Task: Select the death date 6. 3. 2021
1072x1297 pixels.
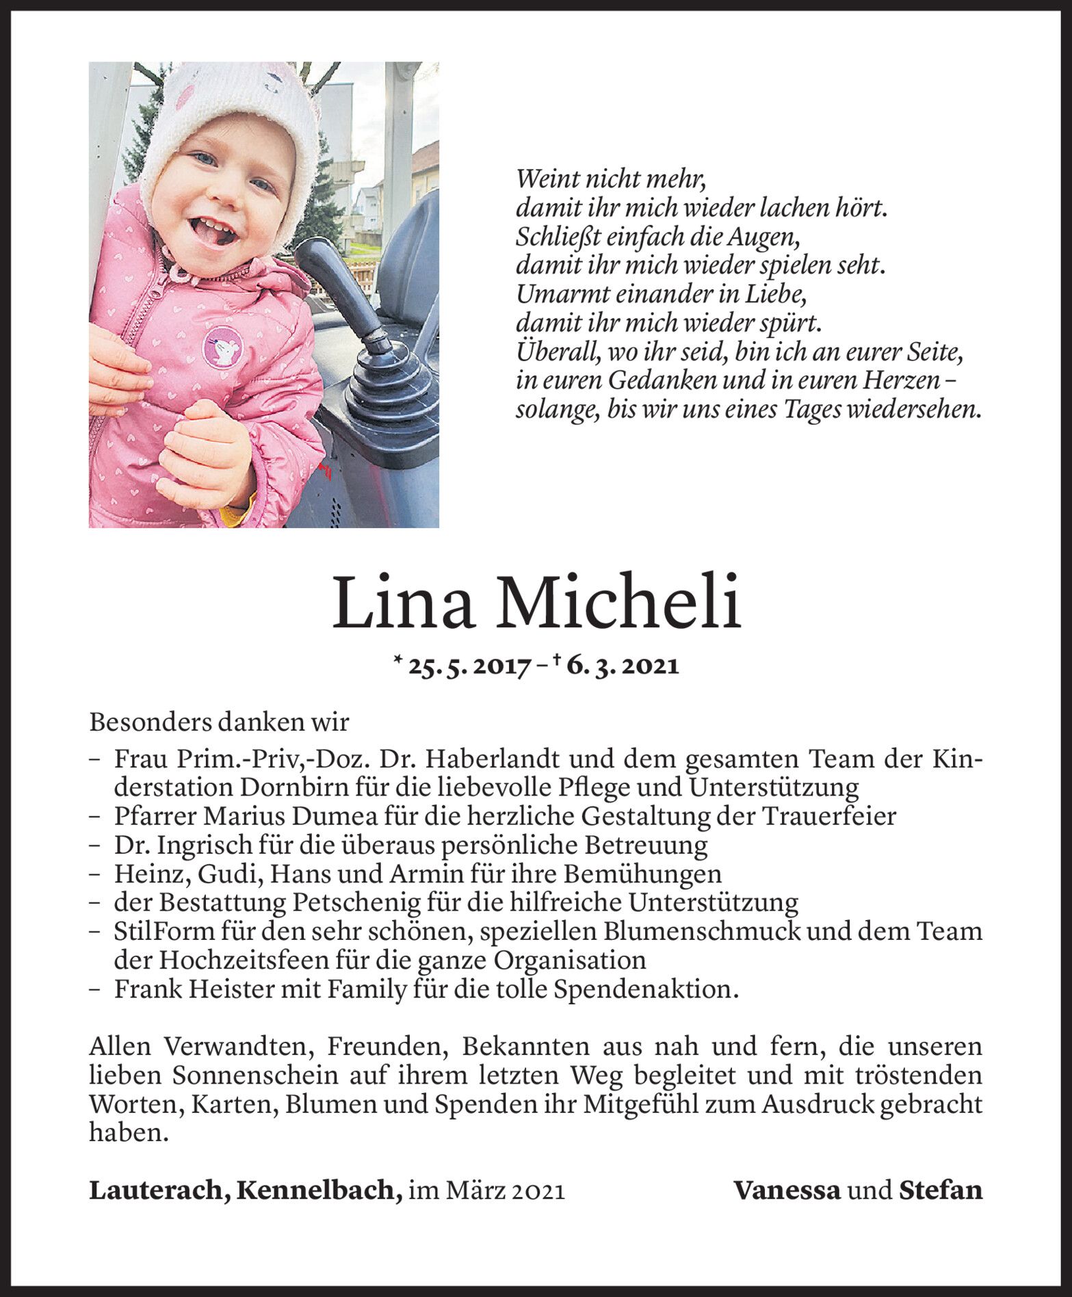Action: coord(623,666)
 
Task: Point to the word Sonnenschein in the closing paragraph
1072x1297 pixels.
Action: coord(254,1076)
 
